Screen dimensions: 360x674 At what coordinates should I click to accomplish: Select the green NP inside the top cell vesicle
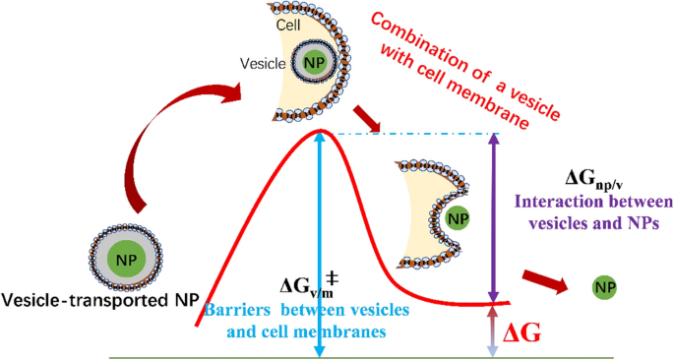click(314, 63)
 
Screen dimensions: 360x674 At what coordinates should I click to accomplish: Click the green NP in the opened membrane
click(454, 214)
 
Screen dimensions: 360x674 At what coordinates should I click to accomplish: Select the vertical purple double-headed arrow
click(493, 216)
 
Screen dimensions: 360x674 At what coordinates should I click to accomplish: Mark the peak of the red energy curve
click(319, 131)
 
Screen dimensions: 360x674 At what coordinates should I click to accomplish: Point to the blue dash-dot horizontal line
click(413, 135)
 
